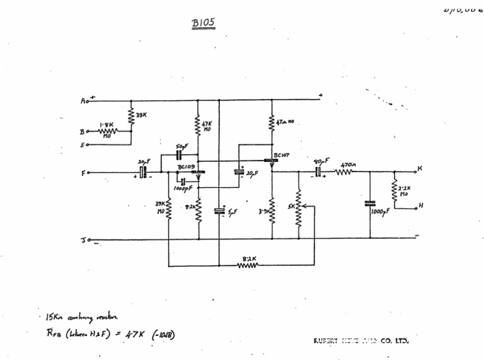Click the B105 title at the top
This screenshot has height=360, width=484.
(x=204, y=23)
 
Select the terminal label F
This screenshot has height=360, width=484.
(x=84, y=172)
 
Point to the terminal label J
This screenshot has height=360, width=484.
(x=83, y=240)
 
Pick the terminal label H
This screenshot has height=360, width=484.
(x=421, y=206)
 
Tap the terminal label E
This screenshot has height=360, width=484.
(x=82, y=144)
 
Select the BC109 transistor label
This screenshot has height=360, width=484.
(x=186, y=166)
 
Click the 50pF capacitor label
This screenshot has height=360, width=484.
(x=182, y=146)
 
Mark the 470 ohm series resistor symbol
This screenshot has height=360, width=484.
(x=345, y=171)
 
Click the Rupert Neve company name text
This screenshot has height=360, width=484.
(x=362, y=341)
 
